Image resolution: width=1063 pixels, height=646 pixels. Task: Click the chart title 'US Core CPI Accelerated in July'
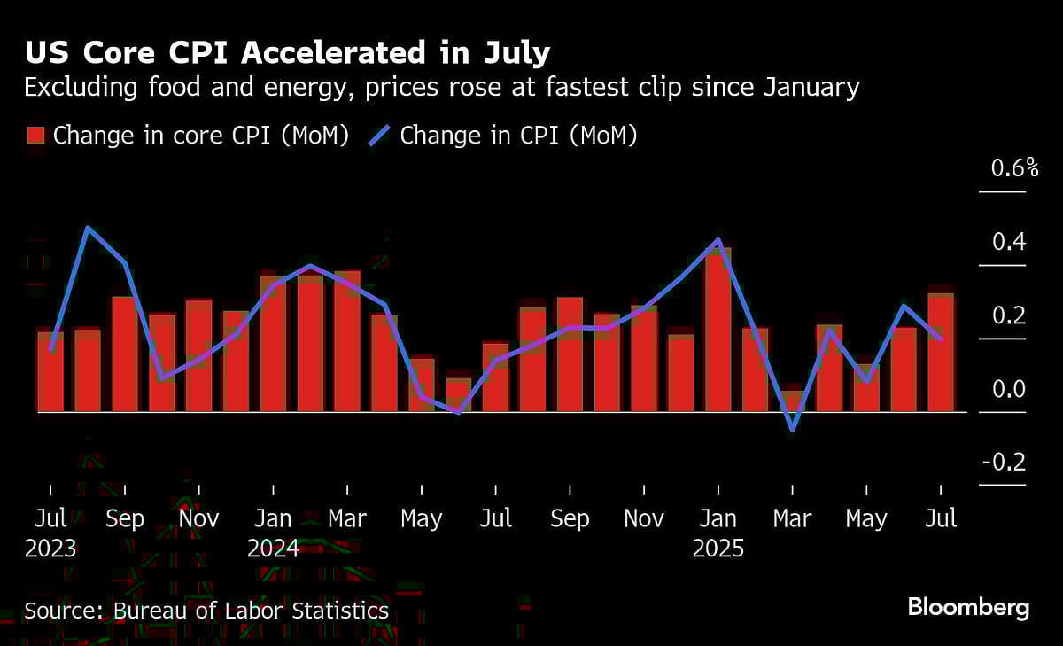(287, 53)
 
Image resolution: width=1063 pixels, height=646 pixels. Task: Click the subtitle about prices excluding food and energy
(441, 88)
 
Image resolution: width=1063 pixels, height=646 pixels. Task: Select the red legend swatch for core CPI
(36, 136)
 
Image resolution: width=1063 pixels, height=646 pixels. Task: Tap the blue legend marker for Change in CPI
(380, 136)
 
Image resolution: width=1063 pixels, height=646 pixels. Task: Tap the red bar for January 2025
(718, 332)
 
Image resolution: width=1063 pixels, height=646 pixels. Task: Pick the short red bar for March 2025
(792, 401)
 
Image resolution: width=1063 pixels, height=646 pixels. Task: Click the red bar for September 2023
(125, 354)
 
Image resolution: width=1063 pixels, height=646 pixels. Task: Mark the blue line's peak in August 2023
(88, 228)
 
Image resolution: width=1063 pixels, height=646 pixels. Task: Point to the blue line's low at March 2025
(792, 431)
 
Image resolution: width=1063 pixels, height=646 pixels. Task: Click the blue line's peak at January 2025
(718, 240)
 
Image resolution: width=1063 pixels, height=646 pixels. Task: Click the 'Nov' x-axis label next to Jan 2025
(643, 518)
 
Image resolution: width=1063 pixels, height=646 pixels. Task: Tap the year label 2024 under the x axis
(273, 549)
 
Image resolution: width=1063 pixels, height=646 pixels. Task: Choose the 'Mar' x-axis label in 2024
(347, 518)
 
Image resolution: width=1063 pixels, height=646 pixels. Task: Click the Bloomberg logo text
(968, 608)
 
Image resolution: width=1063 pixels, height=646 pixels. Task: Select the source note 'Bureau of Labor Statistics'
(206, 611)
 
